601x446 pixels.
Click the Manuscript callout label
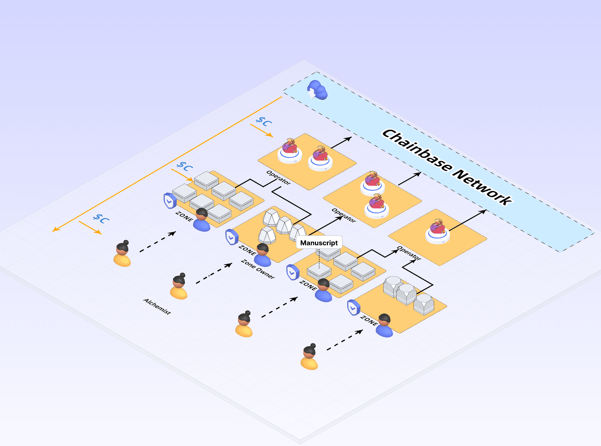(x=319, y=243)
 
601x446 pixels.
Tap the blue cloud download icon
(x=317, y=90)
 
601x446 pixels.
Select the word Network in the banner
(x=483, y=187)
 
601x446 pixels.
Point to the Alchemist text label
(x=157, y=306)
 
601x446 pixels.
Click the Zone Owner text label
(x=258, y=269)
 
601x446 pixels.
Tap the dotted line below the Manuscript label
(x=319, y=259)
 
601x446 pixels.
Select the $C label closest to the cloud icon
(x=264, y=122)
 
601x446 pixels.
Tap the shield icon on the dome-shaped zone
(x=232, y=237)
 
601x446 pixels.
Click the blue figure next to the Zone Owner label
(x=263, y=255)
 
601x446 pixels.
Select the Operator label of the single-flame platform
(x=409, y=253)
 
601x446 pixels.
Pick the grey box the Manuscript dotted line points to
(x=319, y=271)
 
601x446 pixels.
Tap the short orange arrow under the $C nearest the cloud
(x=261, y=131)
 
